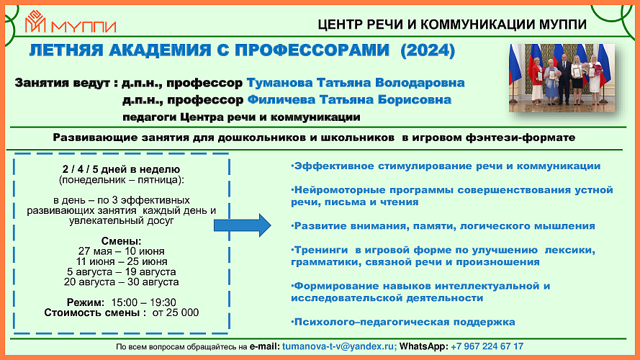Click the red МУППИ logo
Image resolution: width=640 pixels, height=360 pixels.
(71, 22)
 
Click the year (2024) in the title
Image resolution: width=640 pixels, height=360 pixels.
(428, 50)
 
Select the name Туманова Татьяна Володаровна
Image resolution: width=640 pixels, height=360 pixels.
(356, 83)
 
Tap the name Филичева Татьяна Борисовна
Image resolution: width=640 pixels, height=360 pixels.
(349, 100)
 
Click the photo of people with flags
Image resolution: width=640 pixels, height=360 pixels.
(562, 78)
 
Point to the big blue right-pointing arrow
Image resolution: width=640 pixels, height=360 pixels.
(243, 225)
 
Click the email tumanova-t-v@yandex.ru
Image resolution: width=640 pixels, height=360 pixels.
(339, 346)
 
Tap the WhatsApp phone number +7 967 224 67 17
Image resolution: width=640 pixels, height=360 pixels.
(487, 346)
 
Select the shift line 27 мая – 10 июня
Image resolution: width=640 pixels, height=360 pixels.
(121, 251)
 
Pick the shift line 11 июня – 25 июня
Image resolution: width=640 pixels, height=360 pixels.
(122, 261)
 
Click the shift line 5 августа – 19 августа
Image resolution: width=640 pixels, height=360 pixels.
(122, 272)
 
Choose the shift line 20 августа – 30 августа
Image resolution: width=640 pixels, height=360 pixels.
(121, 282)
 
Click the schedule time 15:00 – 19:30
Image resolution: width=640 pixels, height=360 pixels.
(144, 302)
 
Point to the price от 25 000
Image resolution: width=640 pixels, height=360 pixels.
(176, 312)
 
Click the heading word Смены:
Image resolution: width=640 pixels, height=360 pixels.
(121, 241)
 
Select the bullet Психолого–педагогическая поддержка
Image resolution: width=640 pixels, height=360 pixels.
(403, 322)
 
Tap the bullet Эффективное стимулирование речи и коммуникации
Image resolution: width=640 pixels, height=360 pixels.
(446, 166)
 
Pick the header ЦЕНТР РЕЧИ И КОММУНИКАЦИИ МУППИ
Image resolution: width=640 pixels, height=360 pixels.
(452, 24)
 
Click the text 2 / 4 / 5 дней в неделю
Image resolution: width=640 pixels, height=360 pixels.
(121, 169)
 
